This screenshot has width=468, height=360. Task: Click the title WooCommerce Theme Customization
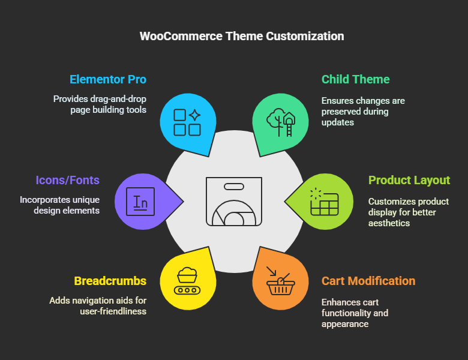click(x=242, y=36)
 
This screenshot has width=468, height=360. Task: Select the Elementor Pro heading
click(x=108, y=79)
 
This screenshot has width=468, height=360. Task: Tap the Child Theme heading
click(x=355, y=79)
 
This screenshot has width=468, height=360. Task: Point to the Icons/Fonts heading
click(x=67, y=180)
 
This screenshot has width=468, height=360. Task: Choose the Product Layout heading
click(x=409, y=180)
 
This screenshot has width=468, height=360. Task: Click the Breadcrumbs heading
click(x=110, y=281)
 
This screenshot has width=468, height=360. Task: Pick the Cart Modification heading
click(x=368, y=281)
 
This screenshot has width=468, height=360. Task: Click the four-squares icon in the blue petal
click(x=187, y=122)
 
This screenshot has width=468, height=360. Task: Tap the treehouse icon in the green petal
click(x=281, y=122)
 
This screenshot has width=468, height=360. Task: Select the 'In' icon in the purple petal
click(x=140, y=202)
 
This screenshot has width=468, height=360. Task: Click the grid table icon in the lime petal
click(x=324, y=202)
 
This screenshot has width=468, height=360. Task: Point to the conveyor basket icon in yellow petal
click(x=187, y=281)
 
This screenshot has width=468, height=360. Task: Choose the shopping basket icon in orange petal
click(x=281, y=281)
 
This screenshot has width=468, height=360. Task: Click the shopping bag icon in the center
click(x=234, y=202)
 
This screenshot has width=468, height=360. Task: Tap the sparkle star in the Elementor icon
click(x=194, y=115)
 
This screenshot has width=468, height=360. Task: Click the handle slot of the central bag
click(x=234, y=187)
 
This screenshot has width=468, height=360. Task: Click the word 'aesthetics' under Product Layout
click(x=389, y=223)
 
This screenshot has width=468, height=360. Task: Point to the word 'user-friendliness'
click(x=113, y=311)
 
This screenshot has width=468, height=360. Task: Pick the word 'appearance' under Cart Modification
click(x=345, y=324)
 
